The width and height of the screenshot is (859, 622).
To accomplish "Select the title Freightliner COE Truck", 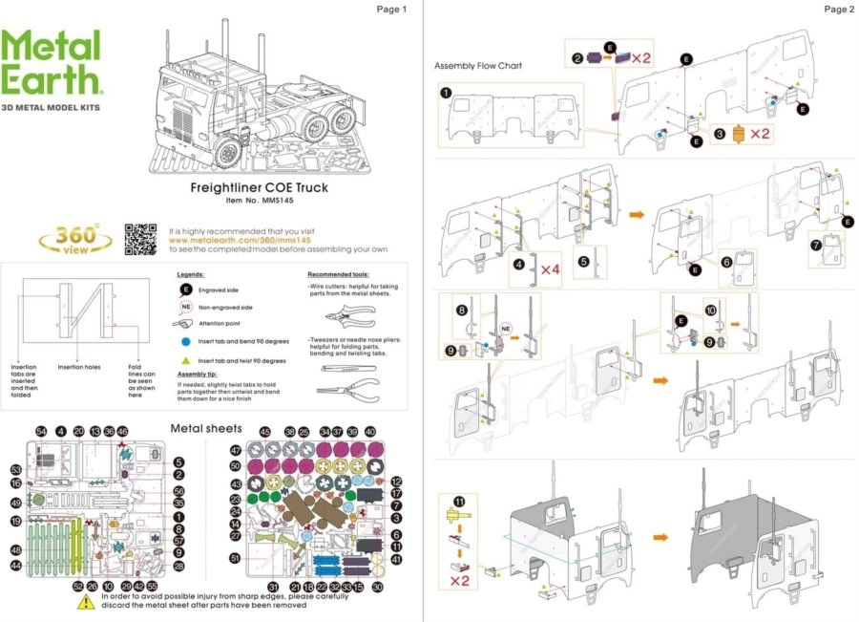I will click(x=259, y=187).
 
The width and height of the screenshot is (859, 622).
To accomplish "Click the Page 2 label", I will click(x=837, y=10).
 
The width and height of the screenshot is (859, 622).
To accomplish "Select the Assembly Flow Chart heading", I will click(x=478, y=66).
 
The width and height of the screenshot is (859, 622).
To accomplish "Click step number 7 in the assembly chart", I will click(x=815, y=246).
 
